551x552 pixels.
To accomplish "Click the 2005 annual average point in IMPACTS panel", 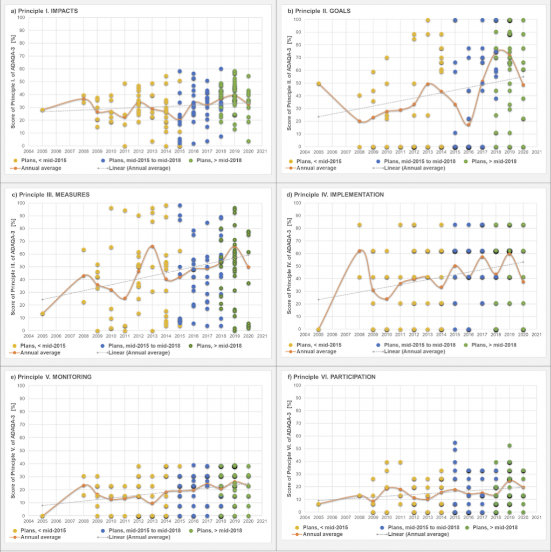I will [x=42, y=110].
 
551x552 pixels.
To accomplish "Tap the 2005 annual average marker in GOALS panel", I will [x=319, y=84].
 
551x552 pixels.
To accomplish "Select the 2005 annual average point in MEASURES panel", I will [x=42, y=313].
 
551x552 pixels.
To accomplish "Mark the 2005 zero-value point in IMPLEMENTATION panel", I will [x=319, y=329].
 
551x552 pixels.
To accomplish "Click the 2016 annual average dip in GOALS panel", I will [x=469, y=125].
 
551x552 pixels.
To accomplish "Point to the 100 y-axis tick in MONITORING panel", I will [x=21, y=385].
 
